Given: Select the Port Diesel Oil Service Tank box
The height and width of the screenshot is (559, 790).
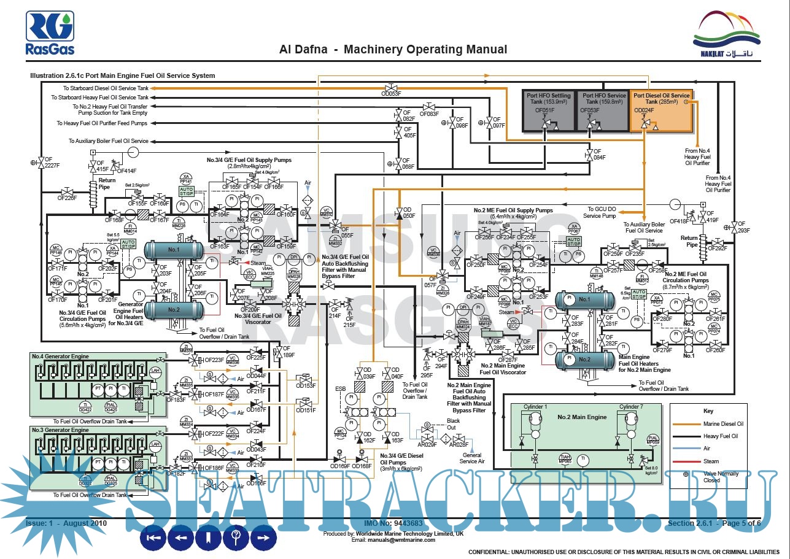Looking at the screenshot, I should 661,110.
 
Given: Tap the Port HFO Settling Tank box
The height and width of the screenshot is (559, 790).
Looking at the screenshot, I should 548,110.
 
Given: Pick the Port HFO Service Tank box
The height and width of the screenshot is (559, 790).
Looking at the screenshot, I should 603,110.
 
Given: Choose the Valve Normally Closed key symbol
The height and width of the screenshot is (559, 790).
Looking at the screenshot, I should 686,474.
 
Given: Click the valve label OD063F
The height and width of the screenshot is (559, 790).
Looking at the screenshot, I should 391,94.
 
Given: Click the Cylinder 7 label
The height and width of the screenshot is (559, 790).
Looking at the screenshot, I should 631,407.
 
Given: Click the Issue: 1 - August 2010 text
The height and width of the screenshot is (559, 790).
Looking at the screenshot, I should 66,523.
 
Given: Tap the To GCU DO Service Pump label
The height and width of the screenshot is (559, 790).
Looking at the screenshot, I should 600,212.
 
